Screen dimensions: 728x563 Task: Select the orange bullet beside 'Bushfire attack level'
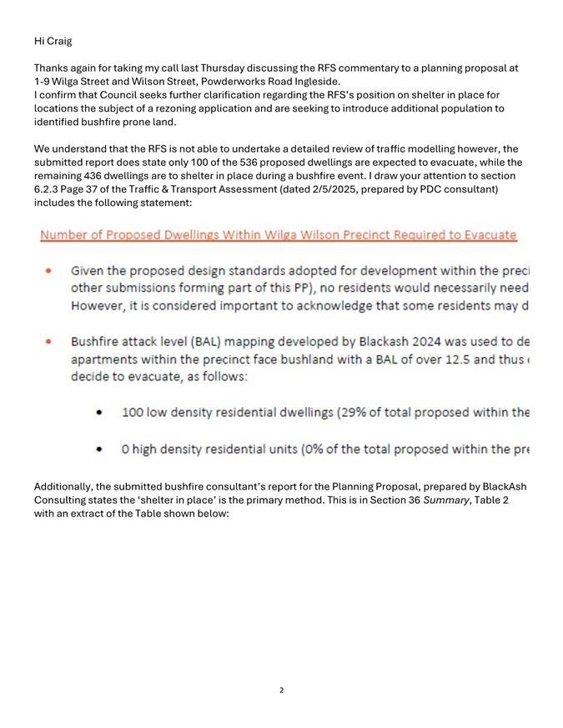(x=50, y=341)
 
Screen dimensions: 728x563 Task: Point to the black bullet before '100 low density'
(x=100, y=412)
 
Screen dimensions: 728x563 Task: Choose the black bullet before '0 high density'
(x=100, y=451)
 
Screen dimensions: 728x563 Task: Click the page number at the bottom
(x=281, y=690)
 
